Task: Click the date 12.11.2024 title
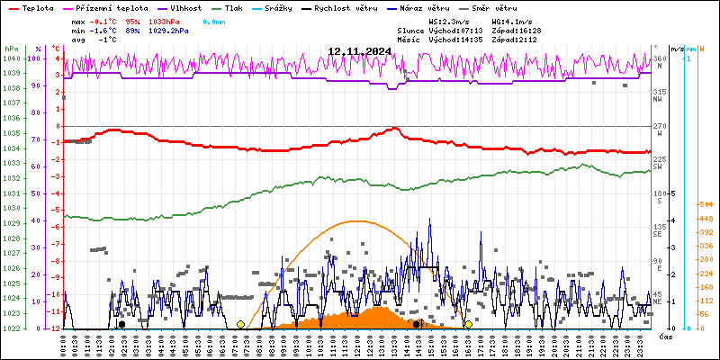click(359, 51)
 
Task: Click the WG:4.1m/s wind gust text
click(512, 21)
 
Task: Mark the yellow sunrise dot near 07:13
click(240, 324)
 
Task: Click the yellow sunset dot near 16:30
click(468, 324)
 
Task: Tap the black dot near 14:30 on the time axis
click(417, 324)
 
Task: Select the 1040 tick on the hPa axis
click(12, 58)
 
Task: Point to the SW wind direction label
click(658, 166)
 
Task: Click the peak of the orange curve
click(356, 220)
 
